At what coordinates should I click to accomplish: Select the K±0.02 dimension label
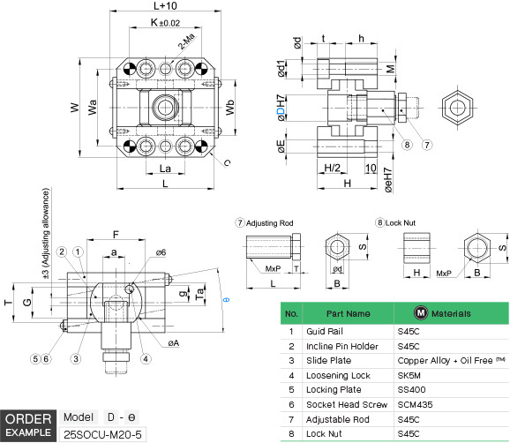tap(164, 21)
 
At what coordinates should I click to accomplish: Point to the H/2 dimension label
tap(333, 168)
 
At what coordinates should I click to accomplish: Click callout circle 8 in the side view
tap(407, 145)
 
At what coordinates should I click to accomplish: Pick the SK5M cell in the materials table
tap(412, 376)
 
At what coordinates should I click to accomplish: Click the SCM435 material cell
tap(416, 406)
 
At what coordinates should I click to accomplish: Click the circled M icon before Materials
tap(422, 313)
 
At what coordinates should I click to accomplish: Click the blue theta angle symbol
tap(227, 300)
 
